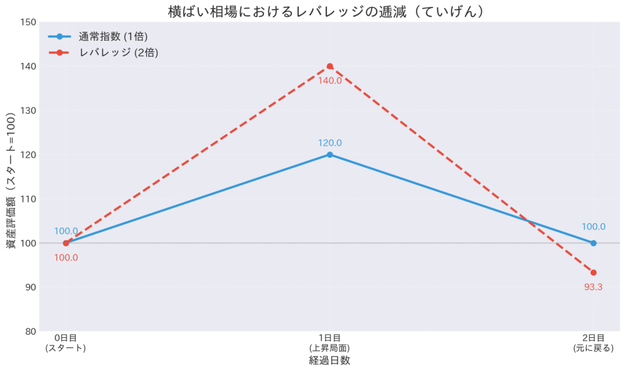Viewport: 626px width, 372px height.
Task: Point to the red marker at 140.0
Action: coord(330,66)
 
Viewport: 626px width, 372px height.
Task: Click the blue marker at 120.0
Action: coord(330,155)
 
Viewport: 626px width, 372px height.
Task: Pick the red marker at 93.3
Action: coord(594,272)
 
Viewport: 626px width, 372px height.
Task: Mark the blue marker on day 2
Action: coord(594,243)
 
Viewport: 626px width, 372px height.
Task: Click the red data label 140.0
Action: coord(330,80)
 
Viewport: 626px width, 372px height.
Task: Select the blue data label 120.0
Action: coord(330,143)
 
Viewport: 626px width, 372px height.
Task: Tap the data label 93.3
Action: coord(594,286)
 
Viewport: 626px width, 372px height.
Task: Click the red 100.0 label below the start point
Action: coord(66,257)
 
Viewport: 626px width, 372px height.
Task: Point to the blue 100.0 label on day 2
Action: coord(594,227)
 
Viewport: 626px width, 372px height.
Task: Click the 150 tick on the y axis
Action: coord(29,23)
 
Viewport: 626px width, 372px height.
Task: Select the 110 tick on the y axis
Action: coord(29,199)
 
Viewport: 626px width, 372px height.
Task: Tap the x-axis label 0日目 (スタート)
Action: coord(66,343)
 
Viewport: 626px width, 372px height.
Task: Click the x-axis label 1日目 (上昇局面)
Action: coord(330,343)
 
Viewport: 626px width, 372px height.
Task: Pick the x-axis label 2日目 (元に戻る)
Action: coord(594,343)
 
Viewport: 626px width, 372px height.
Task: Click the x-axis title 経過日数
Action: coord(330,360)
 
